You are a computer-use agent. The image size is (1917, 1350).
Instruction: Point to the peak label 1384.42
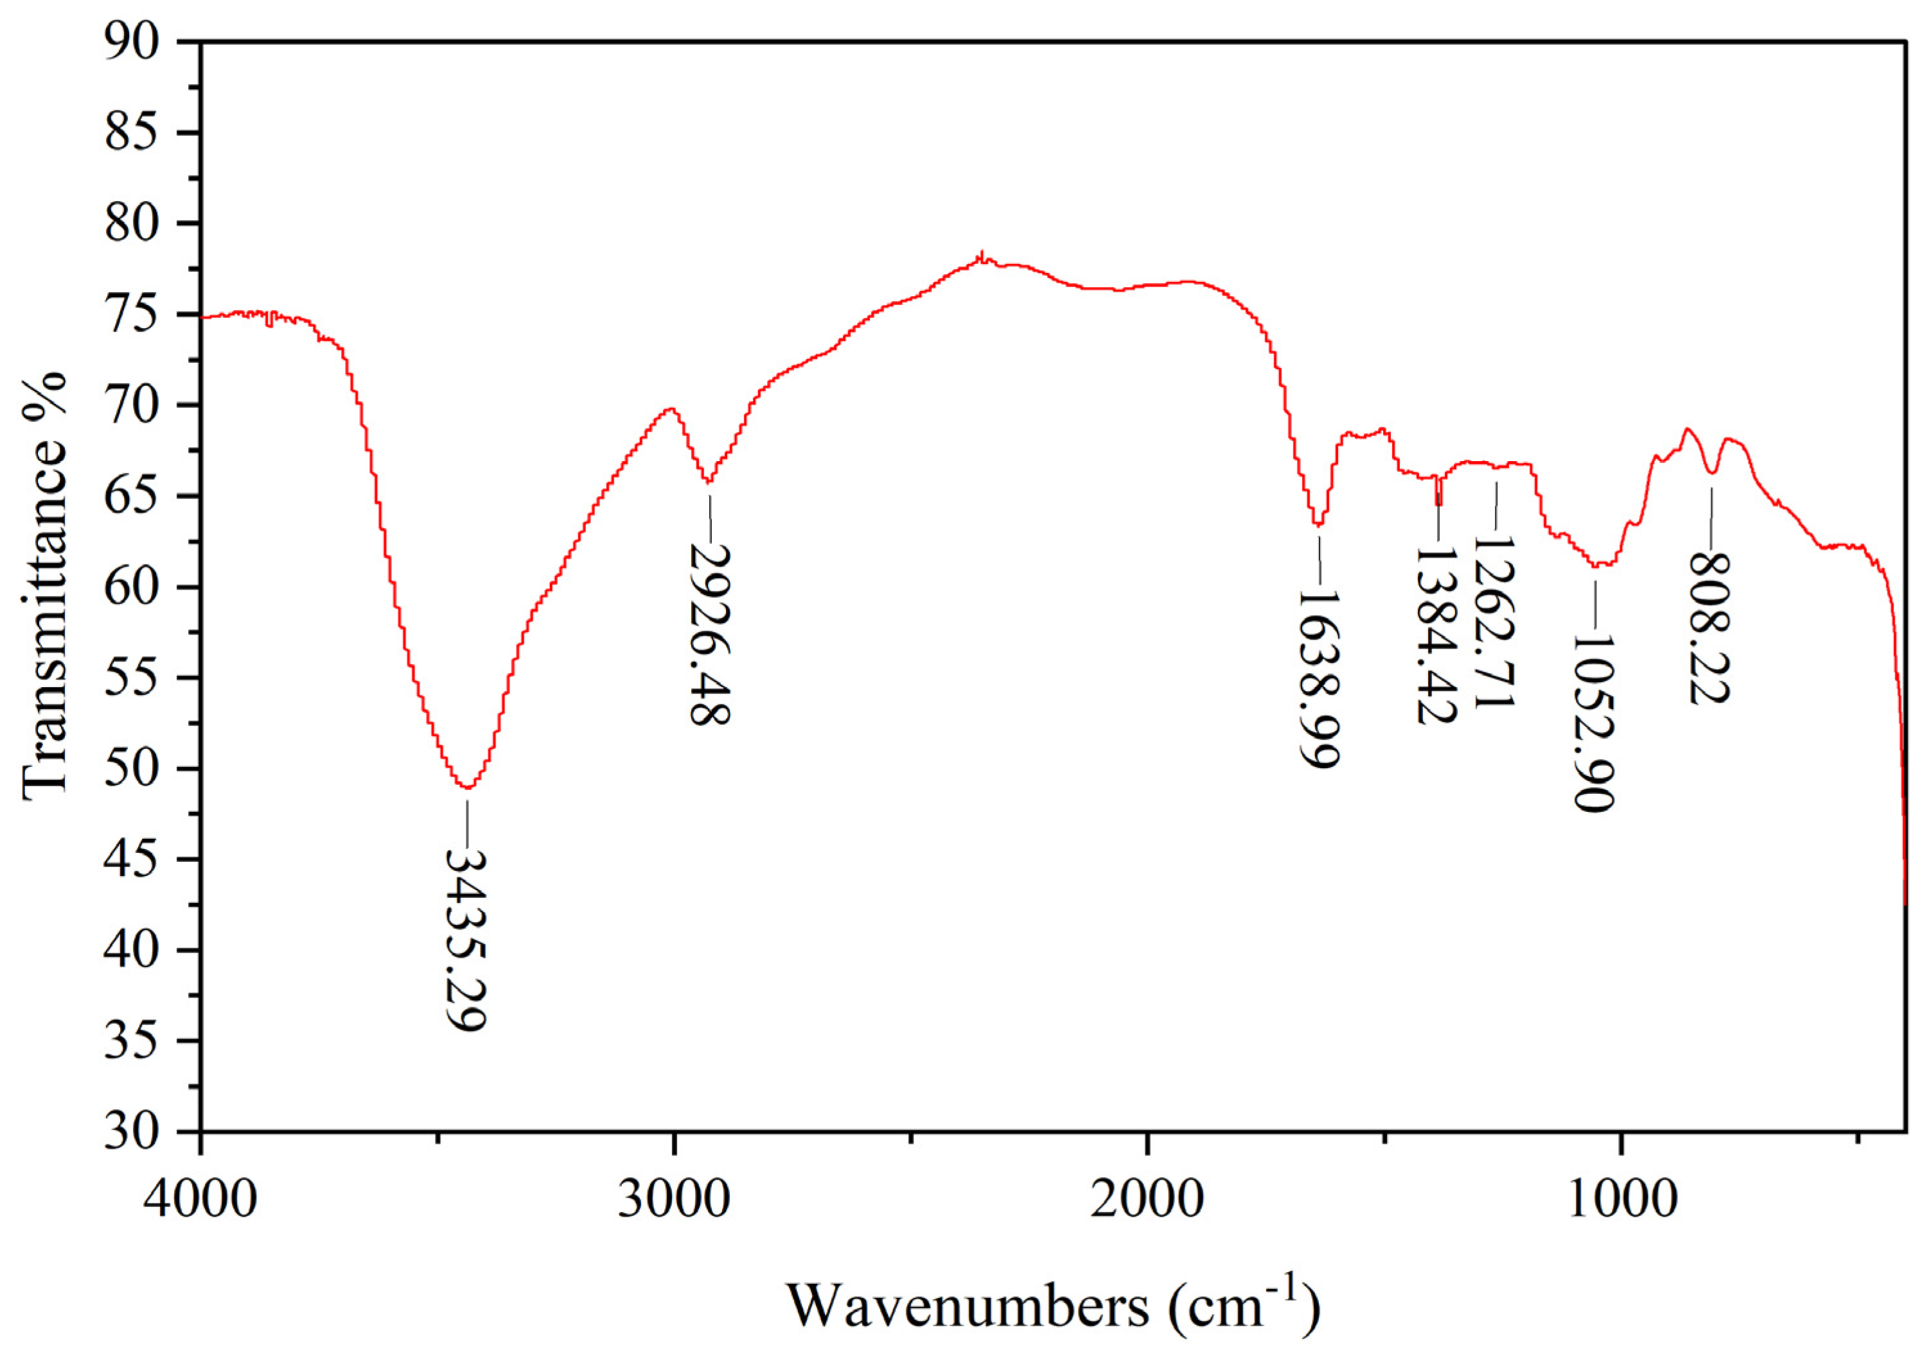point(1436,636)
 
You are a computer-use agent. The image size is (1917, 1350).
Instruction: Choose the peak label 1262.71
point(1494,621)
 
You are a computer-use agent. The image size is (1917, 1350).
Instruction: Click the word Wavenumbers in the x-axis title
point(969,1305)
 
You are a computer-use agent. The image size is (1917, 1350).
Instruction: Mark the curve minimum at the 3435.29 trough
point(468,787)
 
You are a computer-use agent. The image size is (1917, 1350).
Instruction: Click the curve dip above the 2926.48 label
point(708,482)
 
